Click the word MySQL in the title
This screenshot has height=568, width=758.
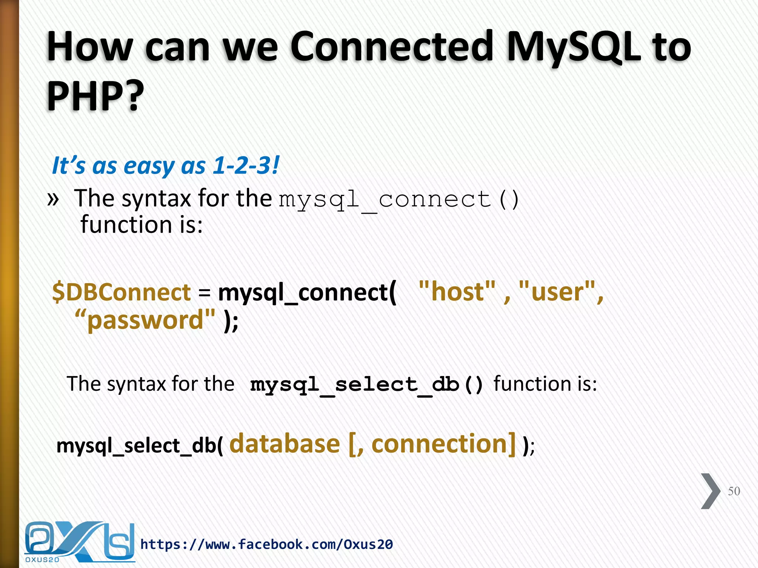tap(573, 47)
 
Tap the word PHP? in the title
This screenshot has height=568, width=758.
tap(95, 95)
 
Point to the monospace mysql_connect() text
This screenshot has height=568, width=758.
tap(399, 200)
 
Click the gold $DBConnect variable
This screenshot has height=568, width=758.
tap(121, 292)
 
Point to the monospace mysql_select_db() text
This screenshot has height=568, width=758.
tap(366, 385)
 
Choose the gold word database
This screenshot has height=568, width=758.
tap(285, 444)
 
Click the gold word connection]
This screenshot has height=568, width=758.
tap(443, 444)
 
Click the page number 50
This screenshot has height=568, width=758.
tap(734, 491)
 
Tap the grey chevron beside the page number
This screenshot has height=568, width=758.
tap(710, 491)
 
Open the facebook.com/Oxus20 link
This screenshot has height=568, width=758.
tap(266, 544)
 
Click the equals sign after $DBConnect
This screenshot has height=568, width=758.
tap(204, 293)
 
